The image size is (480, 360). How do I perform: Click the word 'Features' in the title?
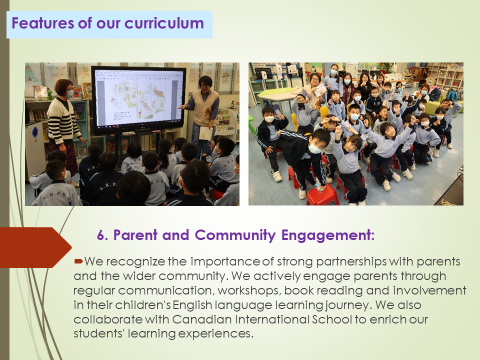[x=43, y=23]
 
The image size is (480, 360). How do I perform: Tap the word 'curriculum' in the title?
[x=164, y=23]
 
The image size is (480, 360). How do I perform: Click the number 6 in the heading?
[x=101, y=235]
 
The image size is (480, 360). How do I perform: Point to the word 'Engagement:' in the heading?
[x=328, y=235]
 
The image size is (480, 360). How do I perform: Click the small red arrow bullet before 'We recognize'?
[x=78, y=261]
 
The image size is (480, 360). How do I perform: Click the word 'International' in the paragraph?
[x=272, y=319]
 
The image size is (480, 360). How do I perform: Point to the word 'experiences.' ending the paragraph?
[x=215, y=333]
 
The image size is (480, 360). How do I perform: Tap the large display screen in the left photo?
[x=138, y=100]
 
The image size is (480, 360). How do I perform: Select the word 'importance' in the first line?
[x=225, y=262]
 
